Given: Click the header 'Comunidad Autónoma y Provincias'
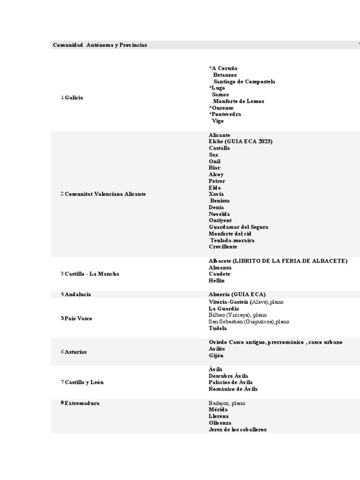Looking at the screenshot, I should coord(100,45).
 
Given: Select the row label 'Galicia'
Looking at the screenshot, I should coord(74,97).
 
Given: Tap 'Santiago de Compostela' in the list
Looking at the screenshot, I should coord(244,82).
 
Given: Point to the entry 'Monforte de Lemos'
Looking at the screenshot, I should coord(238,101).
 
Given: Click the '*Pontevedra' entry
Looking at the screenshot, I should coord(225,114).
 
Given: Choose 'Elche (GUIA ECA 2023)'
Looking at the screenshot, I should coord(240,142).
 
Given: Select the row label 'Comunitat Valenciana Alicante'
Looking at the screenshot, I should coord(105,194).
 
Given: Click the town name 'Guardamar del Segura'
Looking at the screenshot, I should coord(238,227).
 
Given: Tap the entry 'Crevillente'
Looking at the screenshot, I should coord(223,247).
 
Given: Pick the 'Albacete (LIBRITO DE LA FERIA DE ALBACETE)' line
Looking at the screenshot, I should coord(278,261).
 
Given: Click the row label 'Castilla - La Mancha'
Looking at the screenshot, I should coord(92,274).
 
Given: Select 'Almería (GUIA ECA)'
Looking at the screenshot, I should coord(237,294).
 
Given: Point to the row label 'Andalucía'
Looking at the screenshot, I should coord(78,294).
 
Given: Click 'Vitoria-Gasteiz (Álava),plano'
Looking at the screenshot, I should coord(246,302).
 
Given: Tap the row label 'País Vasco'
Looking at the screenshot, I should coord(78,319).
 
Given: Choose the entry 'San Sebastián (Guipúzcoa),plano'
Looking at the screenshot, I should coord(249,322).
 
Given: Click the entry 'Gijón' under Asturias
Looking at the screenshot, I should coord(216,355).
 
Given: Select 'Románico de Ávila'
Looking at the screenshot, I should coord(233,389).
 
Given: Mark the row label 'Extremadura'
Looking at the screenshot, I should coord(82,403).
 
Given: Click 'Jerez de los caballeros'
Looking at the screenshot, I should coord(237,429).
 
